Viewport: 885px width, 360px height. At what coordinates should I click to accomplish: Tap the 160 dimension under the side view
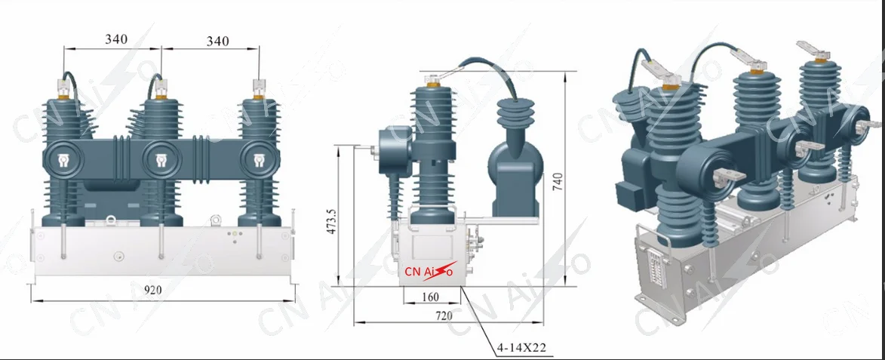point(430,296)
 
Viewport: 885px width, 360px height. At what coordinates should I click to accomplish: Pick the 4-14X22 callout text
point(521,349)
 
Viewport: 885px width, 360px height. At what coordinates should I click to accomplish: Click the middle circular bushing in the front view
point(161,159)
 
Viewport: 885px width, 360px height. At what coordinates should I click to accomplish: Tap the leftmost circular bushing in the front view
point(62,159)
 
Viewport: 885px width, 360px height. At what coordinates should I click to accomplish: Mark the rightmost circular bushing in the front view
point(258,159)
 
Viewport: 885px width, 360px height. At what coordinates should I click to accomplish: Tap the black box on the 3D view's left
point(629,195)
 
